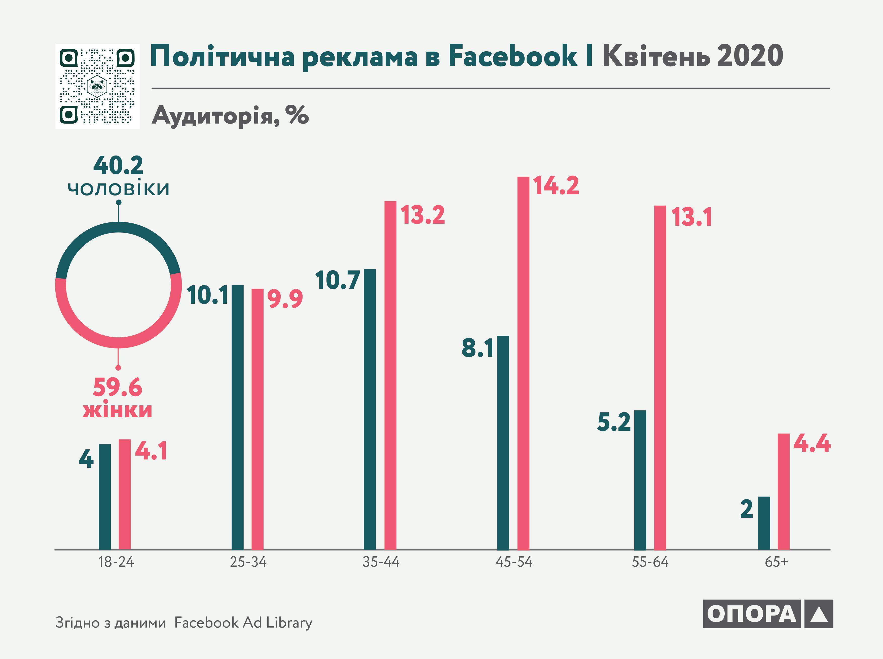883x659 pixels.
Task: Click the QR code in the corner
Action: point(97,86)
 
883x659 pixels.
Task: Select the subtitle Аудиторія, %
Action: point(230,116)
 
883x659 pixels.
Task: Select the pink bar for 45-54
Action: point(523,363)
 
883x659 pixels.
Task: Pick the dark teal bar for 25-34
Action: point(237,417)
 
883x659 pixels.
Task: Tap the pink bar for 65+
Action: point(783,491)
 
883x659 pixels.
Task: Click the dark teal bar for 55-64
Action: point(640,480)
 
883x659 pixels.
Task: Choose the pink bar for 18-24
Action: point(125,494)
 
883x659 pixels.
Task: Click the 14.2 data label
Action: point(556,186)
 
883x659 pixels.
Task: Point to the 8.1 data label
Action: point(477,348)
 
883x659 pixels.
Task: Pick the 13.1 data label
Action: point(691,218)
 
